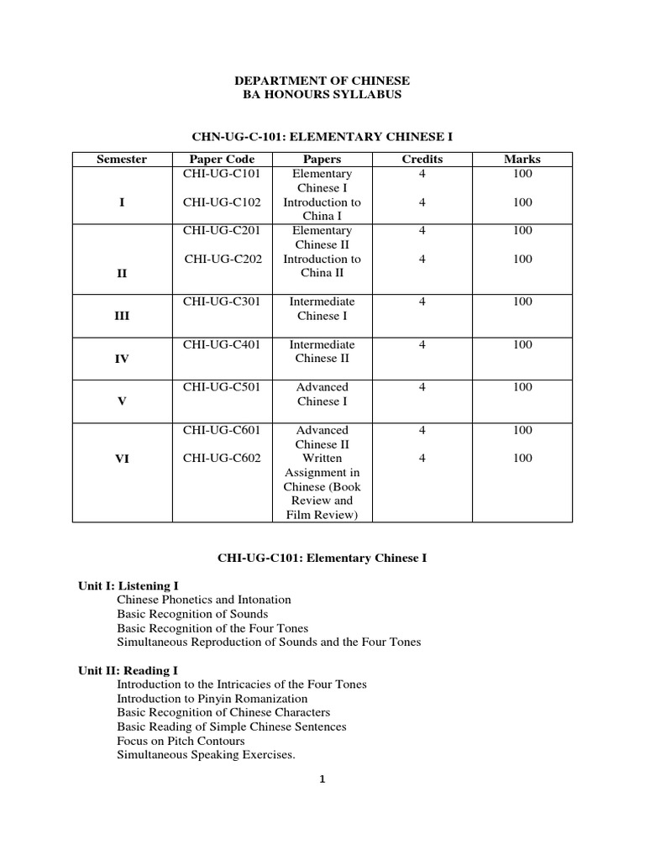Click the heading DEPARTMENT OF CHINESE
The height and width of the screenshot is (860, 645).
[x=322, y=81]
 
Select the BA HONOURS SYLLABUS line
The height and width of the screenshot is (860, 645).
[x=322, y=95]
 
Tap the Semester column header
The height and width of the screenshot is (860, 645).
[x=122, y=159]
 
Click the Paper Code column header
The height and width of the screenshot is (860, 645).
[x=223, y=159]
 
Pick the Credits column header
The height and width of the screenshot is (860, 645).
[x=422, y=159]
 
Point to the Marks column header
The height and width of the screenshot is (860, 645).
[x=522, y=159]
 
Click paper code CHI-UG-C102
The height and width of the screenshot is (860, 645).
[x=223, y=202]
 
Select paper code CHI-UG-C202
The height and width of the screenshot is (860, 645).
[x=223, y=259]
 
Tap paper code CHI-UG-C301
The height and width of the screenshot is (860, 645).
[x=223, y=302]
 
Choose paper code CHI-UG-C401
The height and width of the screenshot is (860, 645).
[x=223, y=344]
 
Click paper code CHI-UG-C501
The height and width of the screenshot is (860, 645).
[x=223, y=387]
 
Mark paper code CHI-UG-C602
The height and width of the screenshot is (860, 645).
[x=223, y=458]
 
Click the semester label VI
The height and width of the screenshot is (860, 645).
[x=122, y=459]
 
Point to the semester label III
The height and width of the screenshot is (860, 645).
[x=122, y=317]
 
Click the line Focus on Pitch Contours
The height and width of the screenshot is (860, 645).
[x=181, y=741]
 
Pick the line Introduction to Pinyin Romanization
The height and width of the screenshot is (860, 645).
[x=212, y=699]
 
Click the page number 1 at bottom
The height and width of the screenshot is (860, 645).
[x=322, y=779]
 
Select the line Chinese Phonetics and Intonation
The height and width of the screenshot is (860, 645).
[x=204, y=600]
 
